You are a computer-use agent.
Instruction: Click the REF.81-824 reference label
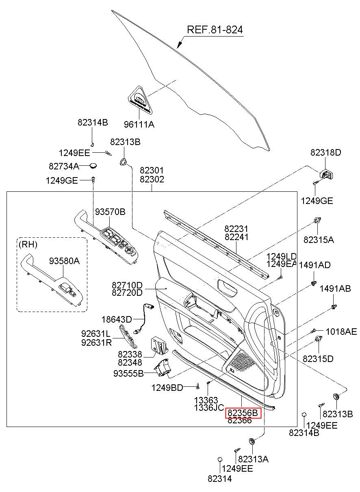[215, 30]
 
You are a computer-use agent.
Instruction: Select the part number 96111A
[139, 125]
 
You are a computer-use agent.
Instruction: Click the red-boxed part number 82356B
[243, 413]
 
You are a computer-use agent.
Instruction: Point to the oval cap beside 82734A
[93, 166]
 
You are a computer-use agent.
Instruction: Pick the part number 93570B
[110, 212]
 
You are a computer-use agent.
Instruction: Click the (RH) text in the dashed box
[28, 245]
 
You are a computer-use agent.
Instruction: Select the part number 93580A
[64, 261]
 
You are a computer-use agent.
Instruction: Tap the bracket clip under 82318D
[327, 175]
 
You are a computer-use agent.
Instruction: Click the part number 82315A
[319, 240]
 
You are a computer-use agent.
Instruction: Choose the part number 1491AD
[315, 265]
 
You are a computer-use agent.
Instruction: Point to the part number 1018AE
[341, 332]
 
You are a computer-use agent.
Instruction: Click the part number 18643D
[117, 319]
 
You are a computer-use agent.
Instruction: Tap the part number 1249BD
[167, 388]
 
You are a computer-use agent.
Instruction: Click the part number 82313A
[254, 459]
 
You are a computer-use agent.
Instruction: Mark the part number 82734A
[64, 166]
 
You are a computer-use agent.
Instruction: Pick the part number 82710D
[127, 285]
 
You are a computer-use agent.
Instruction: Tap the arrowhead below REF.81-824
[180, 45]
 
